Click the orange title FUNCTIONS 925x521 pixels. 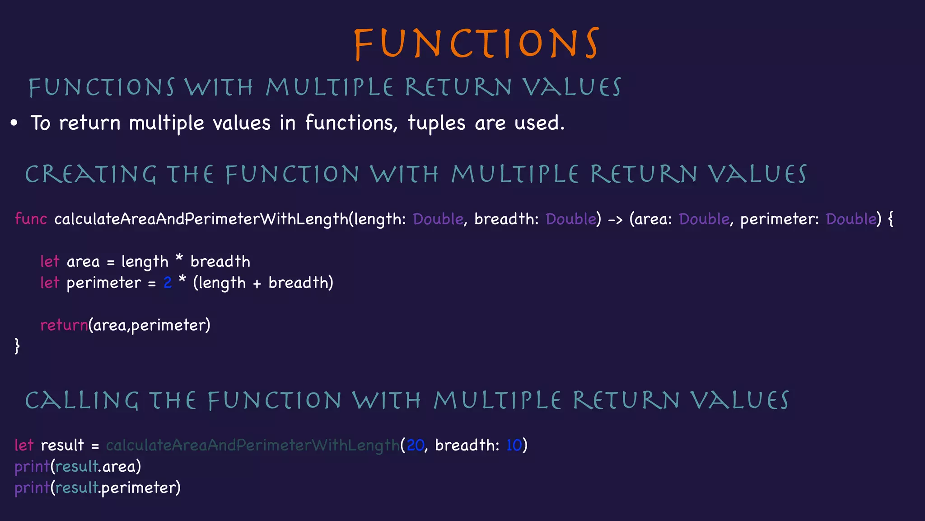477,43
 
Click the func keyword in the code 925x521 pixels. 31,219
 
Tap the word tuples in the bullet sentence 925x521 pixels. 436,123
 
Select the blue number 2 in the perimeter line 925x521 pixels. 168,283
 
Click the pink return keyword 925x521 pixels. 64,325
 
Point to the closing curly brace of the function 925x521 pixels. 17,346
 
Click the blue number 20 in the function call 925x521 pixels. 415,445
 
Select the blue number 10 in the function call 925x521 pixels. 514,445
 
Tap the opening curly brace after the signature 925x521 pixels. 890,219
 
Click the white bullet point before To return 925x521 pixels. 14,123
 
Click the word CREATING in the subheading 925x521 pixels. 90,175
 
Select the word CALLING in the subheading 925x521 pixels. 82,401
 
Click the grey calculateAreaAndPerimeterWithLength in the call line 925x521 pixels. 252,445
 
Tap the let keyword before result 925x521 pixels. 24,445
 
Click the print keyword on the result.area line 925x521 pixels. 32,466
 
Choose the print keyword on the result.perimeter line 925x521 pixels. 32,488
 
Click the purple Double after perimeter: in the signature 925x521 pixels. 851,219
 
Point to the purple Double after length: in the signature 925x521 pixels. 438,219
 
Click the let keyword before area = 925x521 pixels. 50,261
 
